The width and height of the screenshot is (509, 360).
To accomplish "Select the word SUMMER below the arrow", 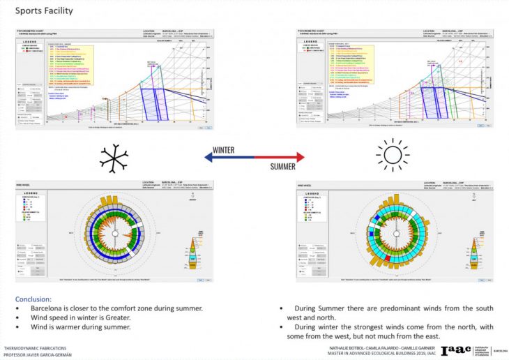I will click(x=283, y=167).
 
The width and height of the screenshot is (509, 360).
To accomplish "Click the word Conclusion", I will click(x=33, y=299).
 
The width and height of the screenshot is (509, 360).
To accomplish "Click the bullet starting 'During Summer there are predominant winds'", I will click(x=386, y=311).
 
